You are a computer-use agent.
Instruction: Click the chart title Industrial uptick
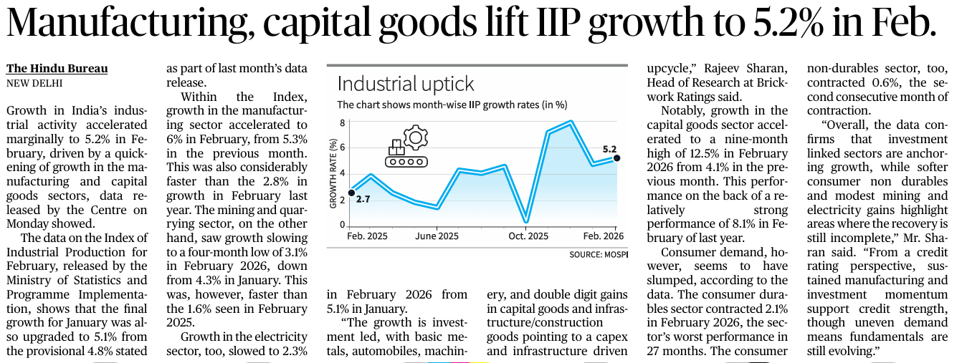tap(406, 84)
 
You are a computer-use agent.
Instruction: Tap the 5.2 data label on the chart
tap(610, 148)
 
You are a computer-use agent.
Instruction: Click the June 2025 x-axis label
tap(437, 236)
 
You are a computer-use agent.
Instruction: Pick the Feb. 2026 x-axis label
tap(602, 236)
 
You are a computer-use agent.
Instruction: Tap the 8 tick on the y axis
tap(343, 122)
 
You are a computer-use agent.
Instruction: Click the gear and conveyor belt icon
tap(406, 147)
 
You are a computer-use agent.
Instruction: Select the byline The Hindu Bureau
tap(57, 69)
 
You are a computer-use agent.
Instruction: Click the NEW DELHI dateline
tap(34, 82)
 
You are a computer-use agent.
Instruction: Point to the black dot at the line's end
tap(616, 158)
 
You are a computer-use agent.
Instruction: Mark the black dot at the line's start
tap(351, 192)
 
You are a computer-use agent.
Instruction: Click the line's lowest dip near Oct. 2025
tap(527, 222)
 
